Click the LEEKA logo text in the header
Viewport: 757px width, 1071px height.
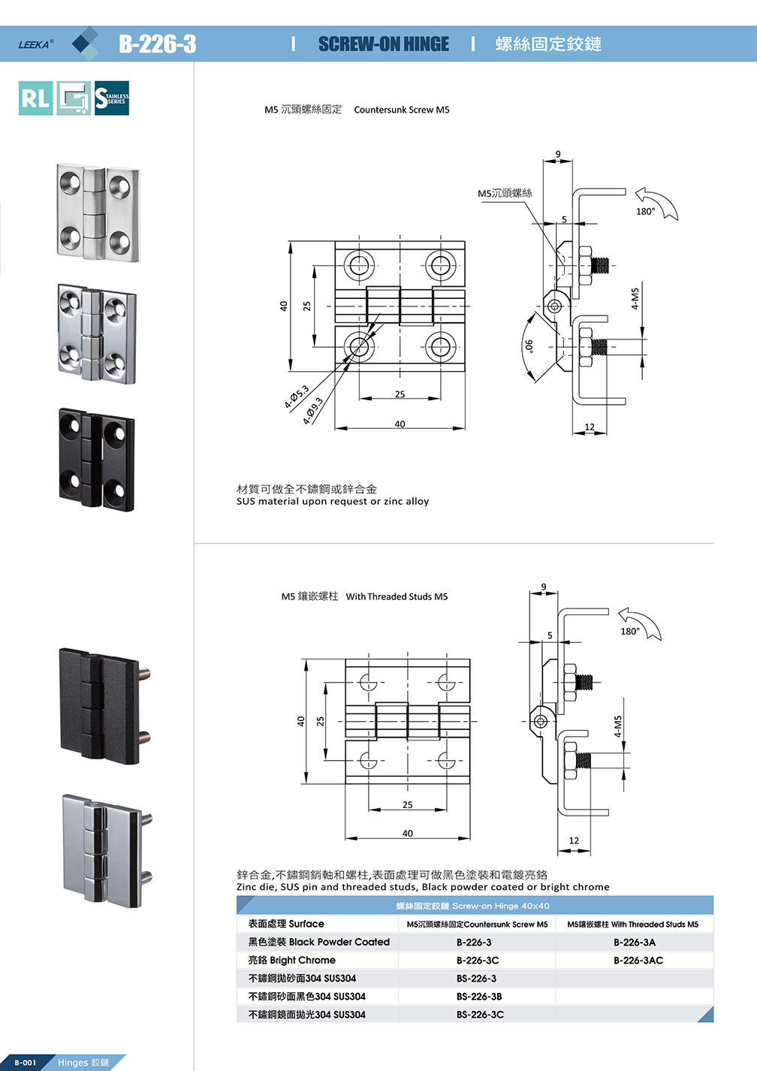point(35,44)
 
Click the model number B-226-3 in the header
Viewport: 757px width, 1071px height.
point(157,44)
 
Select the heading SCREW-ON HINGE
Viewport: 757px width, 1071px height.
point(383,44)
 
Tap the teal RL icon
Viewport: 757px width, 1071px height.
point(35,98)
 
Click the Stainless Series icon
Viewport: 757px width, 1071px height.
point(112,98)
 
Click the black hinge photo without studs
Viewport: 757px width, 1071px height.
point(97,459)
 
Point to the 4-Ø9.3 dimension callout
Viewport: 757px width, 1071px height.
point(313,411)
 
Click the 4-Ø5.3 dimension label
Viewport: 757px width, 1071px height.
point(297,397)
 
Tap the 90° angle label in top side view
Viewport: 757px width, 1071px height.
point(529,346)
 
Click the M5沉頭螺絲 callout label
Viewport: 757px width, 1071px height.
point(505,193)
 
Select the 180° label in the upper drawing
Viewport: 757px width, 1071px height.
point(645,211)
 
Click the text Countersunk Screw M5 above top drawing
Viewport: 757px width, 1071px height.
point(402,110)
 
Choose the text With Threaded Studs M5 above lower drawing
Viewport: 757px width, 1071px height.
point(397,596)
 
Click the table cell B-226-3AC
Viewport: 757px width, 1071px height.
point(638,960)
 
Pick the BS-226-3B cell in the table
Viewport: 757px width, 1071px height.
point(479,996)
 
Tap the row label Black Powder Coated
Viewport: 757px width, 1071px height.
point(319,942)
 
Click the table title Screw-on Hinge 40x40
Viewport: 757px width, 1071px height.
point(473,906)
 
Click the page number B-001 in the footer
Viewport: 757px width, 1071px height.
point(25,1062)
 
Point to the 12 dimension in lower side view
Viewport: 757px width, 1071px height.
point(574,840)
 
